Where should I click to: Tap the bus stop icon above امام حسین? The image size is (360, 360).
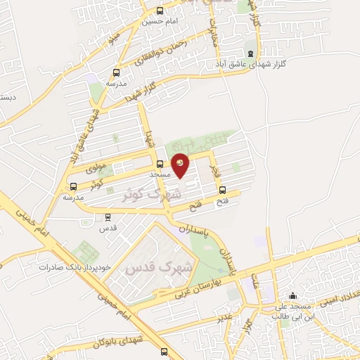point(160,11)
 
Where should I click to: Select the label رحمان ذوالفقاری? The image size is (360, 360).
point(163,53)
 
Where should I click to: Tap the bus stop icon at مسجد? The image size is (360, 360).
point(160,165)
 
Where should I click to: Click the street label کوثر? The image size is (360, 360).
point(96,184)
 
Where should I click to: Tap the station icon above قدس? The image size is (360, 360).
point(107,218)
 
